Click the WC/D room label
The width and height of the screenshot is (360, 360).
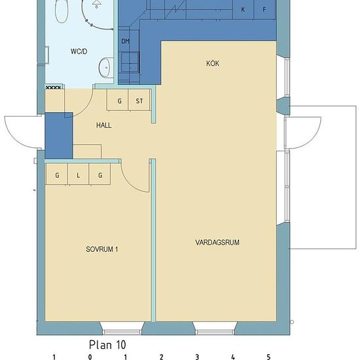(x=79, y=51)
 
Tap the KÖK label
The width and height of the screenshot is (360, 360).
(x=213, y=63)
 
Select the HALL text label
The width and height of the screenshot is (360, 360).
(x=104, y=125)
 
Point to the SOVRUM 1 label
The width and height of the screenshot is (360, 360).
(x=101, y=249)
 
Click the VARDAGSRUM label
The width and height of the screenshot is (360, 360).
(x=217, y=242)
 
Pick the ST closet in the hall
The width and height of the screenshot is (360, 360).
(x=139, y=100)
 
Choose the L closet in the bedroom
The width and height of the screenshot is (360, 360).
(x=78, y=174)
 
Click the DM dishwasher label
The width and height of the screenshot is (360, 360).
(x=126, y=41)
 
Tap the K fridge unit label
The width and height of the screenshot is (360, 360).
(x=243, y=10)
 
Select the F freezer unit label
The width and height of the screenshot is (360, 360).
(x=264, y=10)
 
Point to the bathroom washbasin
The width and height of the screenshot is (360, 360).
(x=106, y=67)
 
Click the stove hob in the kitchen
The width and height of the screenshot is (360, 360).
(x=130, y=62)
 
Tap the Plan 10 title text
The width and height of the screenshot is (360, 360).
(x=107, y=344)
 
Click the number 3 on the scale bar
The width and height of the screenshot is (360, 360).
(x=197, y=357)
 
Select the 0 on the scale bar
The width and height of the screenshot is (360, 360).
(x=90, y=357)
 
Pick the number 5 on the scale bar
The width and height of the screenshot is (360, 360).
(x=268, y=357)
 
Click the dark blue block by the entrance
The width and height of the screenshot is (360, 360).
(x=59, y=135)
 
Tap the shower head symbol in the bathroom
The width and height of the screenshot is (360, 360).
(x=97, y=3)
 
